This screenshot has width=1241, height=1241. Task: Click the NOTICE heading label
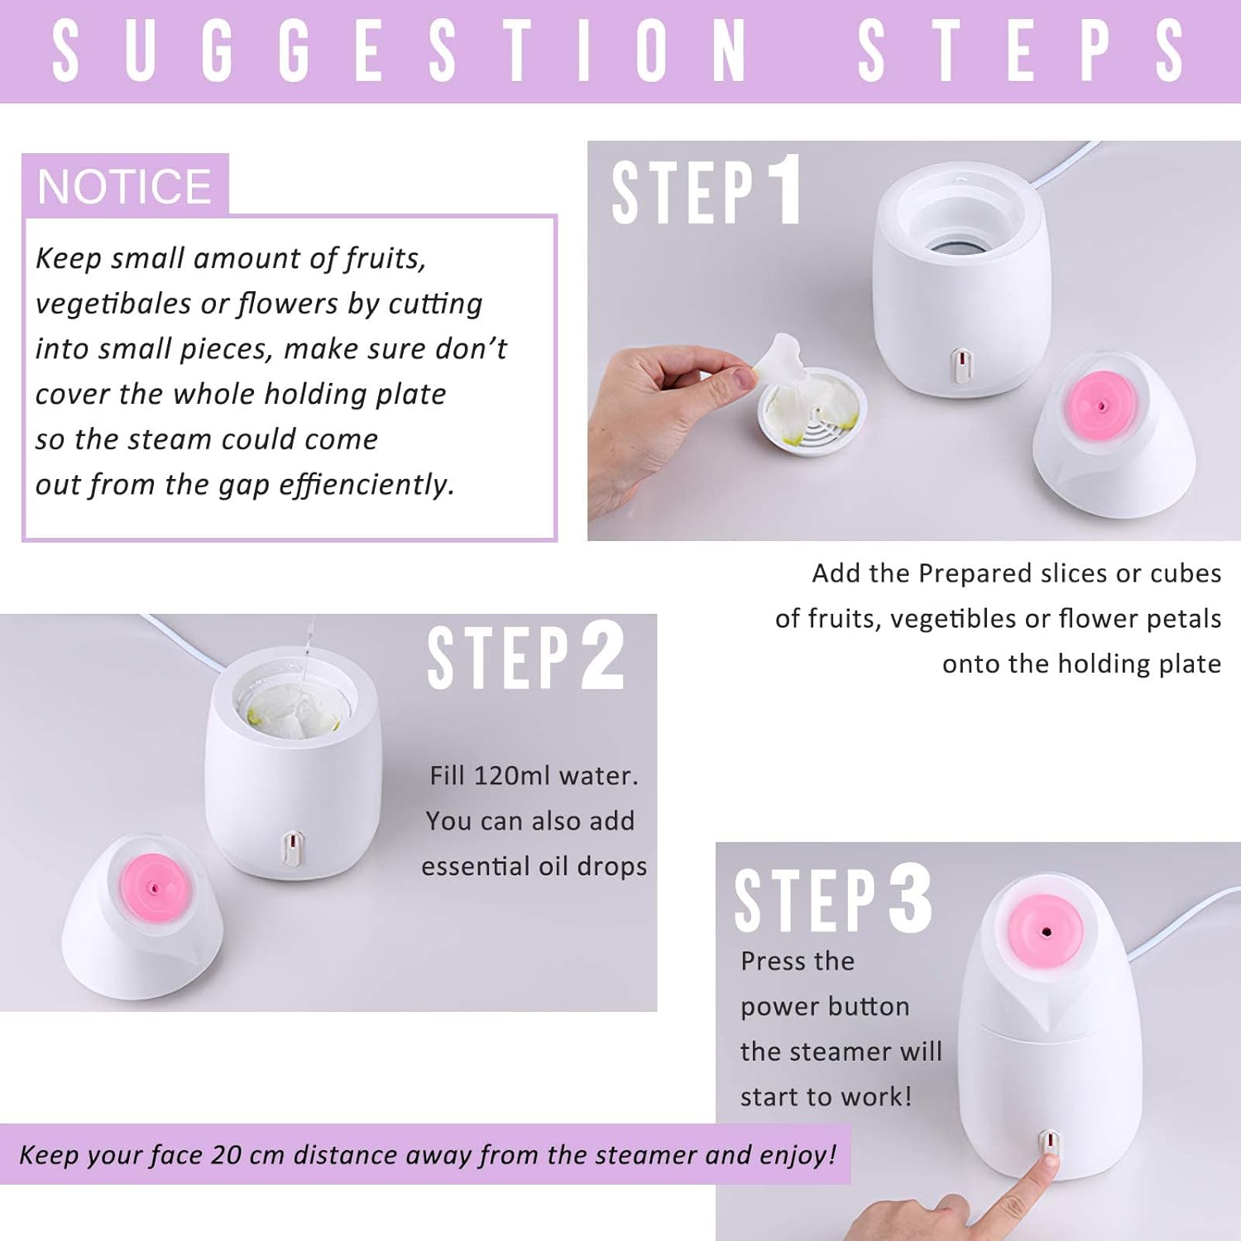click(x=124, y=186)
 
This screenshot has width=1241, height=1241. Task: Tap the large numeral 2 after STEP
click(x=602, y=656)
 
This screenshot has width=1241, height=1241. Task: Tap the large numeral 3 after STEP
click(x=910, y=899)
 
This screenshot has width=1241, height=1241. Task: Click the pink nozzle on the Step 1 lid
click(x=1101, y=405)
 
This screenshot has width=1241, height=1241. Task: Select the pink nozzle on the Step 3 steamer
click(x=1046, y=931)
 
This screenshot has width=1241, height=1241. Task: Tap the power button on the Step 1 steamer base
click(x=961, y=365)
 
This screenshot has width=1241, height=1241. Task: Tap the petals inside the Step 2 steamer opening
click(x=290, y=712)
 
